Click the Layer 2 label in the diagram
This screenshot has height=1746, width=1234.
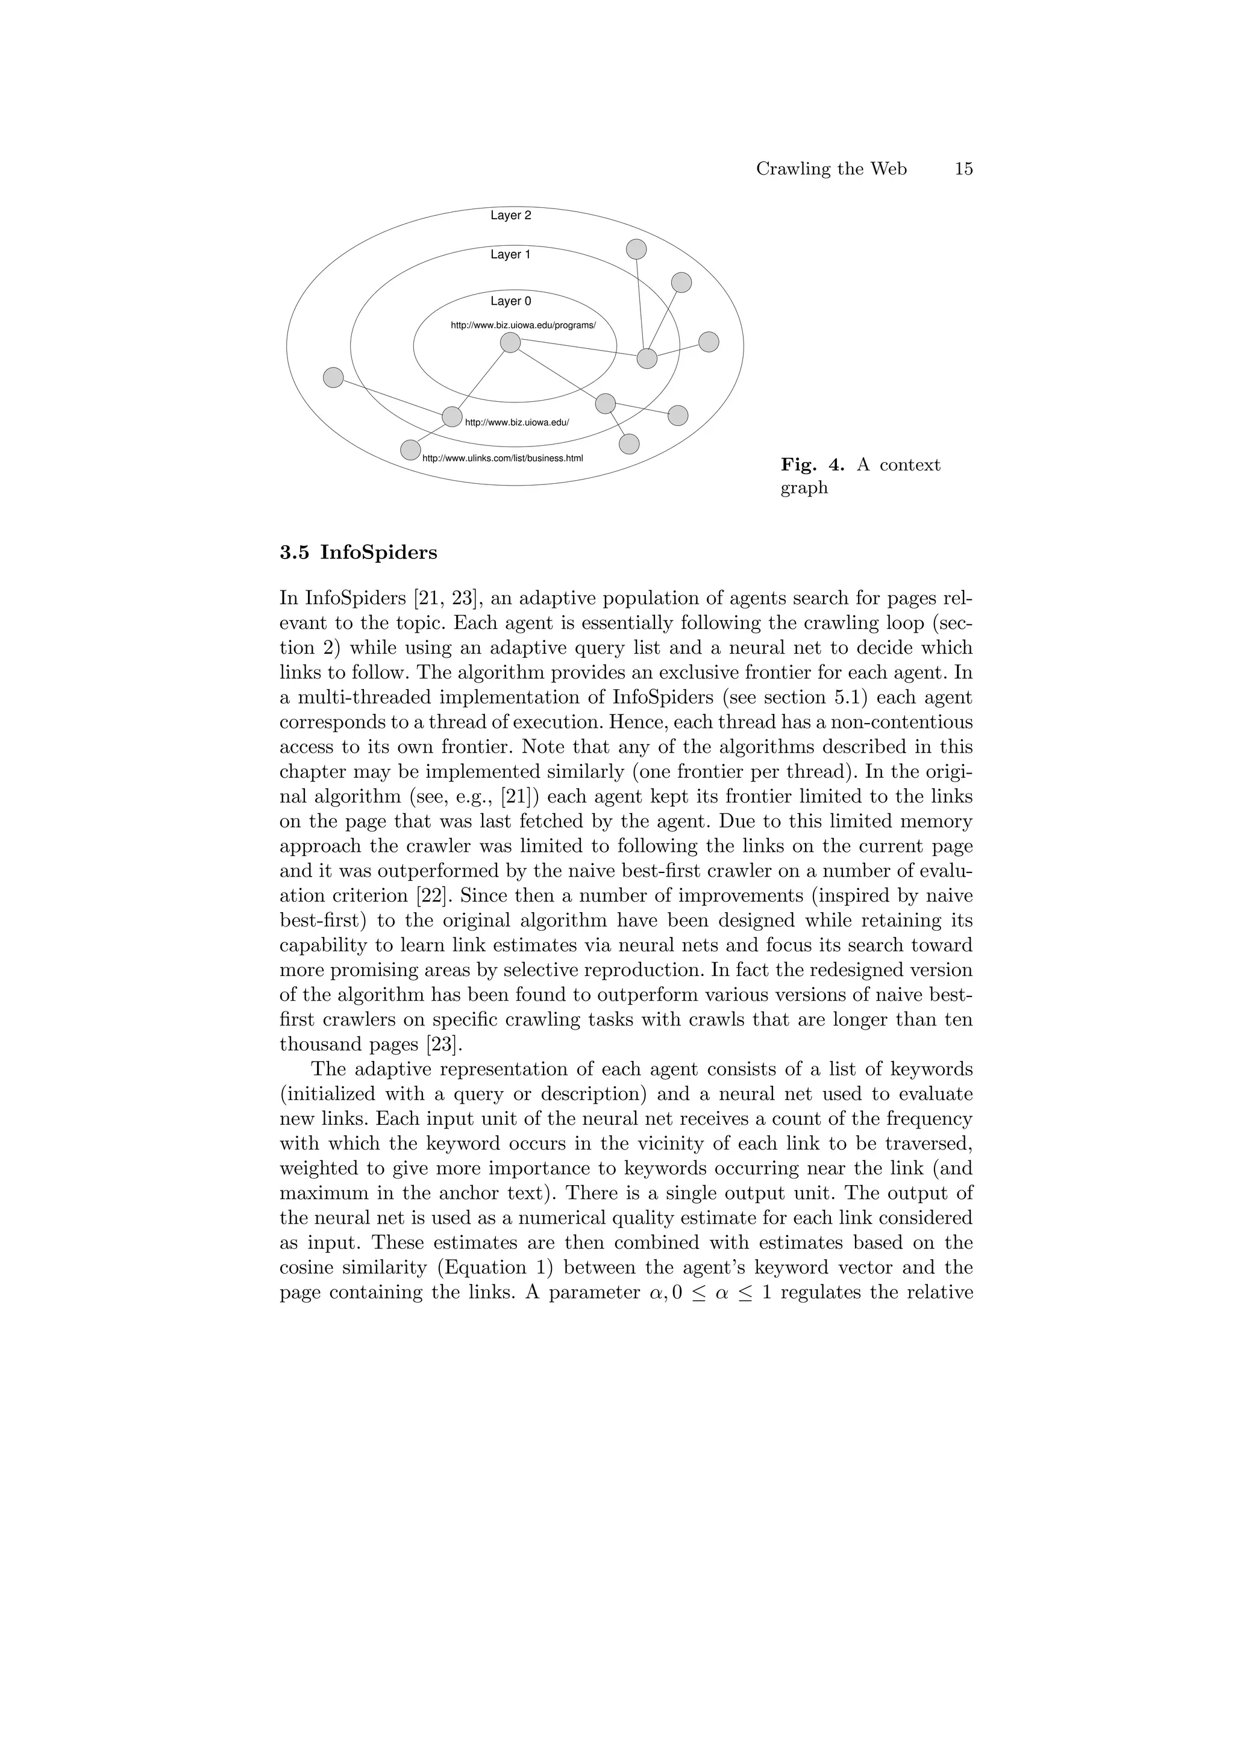[510, 215]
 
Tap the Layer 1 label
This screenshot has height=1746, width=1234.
[510, 255]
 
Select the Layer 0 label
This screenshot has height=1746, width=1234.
[510, 301]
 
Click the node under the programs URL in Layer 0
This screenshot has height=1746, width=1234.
[510, 343]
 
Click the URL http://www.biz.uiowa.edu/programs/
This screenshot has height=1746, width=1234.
[523, 325]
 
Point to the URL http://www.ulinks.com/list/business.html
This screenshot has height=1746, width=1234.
[502, 458]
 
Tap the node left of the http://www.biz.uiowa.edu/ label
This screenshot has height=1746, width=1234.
[452, 417]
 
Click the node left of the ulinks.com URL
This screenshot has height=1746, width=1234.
[410, 450]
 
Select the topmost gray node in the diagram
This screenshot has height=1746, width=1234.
[636, 249]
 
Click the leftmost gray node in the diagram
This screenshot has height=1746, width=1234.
[333, 377]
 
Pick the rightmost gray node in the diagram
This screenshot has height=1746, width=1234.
[709, 342]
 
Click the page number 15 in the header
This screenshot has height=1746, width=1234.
[963, 169]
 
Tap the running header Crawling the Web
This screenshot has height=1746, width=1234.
[831, 169]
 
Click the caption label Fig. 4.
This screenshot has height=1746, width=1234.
[812, 465]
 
